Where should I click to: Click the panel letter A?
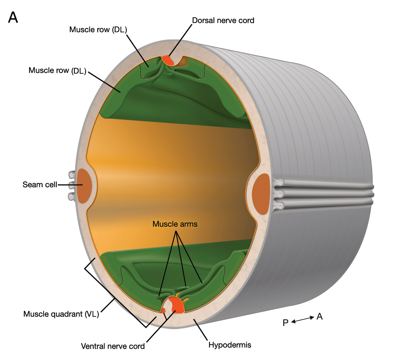[13, 17]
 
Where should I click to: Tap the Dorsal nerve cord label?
[223, 20]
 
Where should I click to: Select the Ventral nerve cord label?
[113, 346]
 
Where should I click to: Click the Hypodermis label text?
[230, 345]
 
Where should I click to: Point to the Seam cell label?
[40, 185]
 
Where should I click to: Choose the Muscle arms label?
[175, 224]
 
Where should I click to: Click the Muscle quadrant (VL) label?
[61, 314]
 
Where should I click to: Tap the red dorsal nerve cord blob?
[168, 60]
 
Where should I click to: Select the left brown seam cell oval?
[84, 186]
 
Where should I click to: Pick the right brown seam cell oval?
[261, 194]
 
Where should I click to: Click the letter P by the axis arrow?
[285, 323]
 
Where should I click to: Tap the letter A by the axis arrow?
[320, 317]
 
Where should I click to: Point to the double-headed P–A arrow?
[302, 319]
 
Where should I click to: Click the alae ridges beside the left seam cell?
[71, 186]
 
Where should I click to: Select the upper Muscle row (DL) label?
[98, 30]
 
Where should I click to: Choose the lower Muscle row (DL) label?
[57, 70]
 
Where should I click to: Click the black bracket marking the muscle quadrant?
[115, 298]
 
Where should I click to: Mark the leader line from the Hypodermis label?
[201, 330]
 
